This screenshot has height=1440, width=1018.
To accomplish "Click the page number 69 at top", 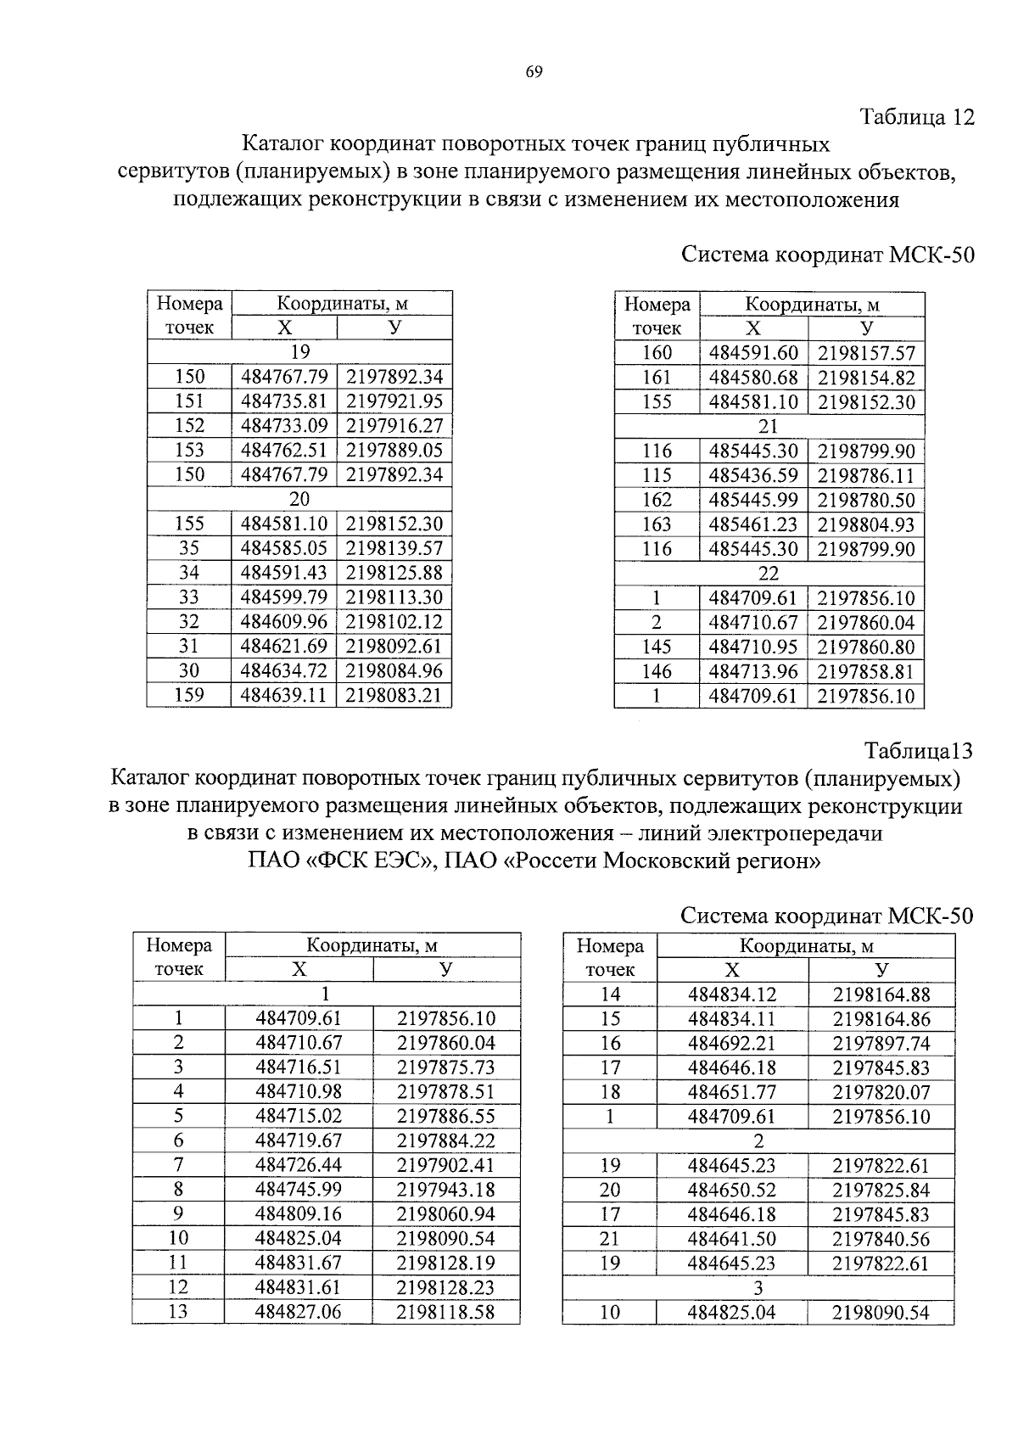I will click(x=534, y=72).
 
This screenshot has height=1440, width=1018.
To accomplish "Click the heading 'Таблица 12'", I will click(x=917, y=117).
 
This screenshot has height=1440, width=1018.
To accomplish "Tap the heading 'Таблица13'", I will click(x=918, y=751).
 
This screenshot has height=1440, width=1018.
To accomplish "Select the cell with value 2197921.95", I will click(x=394, y=401).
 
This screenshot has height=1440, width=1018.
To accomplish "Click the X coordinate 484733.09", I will click(x=284, y=426).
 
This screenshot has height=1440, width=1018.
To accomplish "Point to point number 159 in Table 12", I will click(x=189, y=696).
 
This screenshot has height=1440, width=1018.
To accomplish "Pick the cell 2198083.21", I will click(x=394, y=696).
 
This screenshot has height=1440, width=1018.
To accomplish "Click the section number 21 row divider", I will click(x=769, y=427).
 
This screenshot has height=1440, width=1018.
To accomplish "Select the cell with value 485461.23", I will click(x=753, y=525).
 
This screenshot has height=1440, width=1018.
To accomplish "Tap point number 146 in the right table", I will click(x=657, y=672).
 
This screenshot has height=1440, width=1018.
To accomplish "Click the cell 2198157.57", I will click(x=866, y=353).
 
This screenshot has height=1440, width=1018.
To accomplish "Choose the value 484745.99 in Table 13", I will click(x=299, y=1190).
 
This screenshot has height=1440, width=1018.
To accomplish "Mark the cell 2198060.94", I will click(x=446, y=1214).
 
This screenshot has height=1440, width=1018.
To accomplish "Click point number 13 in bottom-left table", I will click(x=178, y=1312).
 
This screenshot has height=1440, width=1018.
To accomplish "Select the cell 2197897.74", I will click(x=881, y=1044).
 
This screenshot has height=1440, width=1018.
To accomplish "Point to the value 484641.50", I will click(x=732, y=1239).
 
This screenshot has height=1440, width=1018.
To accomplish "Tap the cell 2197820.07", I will click(x=881, y=1092).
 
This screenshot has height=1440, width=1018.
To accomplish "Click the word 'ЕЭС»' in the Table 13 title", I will click(x=402, y=861).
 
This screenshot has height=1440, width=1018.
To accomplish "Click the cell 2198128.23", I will click(x=446, y=1287).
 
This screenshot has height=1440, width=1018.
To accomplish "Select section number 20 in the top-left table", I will click(x=299, y=499).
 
